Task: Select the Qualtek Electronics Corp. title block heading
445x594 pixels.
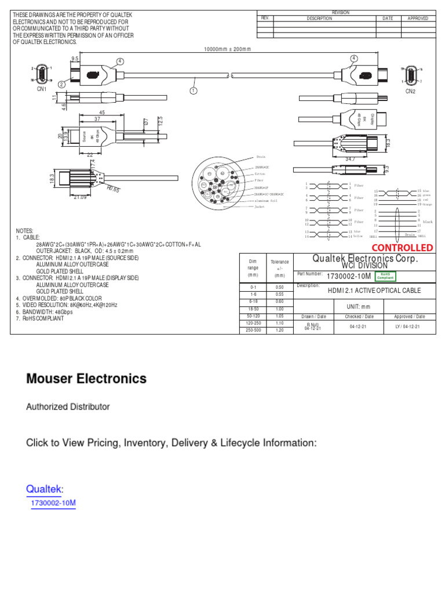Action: point(365,258)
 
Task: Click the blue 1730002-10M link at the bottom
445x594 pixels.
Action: point(53,503)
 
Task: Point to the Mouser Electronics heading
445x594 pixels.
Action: point(86,379)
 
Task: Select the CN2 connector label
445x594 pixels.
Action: point(411,91)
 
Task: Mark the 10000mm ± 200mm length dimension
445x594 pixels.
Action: point(227,49)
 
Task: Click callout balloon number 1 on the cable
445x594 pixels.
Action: point(194,90)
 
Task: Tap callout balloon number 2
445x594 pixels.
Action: point(62,84)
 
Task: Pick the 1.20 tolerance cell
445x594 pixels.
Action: point(279,330)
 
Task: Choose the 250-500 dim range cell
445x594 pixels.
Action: point(253,330)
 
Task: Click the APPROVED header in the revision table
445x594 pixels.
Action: point(418,19)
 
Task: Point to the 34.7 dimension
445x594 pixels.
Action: point(350,158)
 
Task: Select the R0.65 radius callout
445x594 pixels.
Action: point(113,189)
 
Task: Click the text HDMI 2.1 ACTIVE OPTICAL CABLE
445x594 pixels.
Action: point(374,291)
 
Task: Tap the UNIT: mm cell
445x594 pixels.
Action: point(358,306)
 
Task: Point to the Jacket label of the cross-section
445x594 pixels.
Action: point(260,207)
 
